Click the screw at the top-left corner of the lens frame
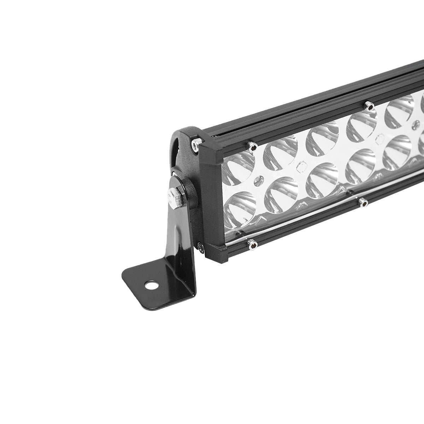(x=252, y=146)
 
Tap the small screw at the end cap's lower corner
(x=200, y=247)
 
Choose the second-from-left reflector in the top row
(x=281, y=152)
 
